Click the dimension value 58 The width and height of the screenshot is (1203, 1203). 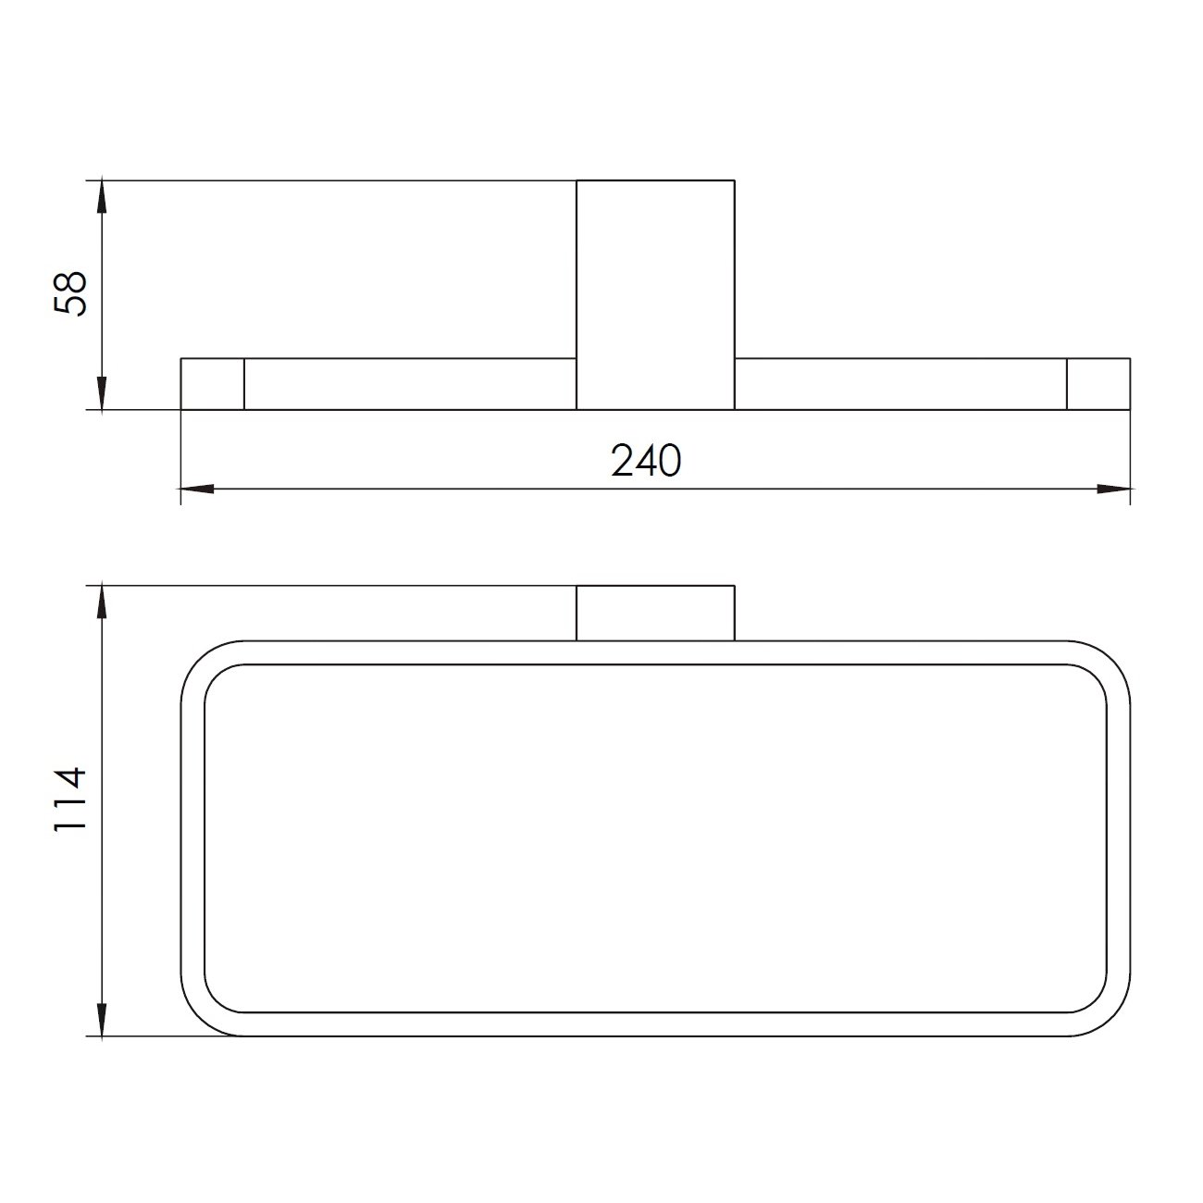[x=70, y=294]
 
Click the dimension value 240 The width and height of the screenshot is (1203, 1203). [x=646, y=461]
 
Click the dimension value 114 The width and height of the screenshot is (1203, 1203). [x=70, y=800]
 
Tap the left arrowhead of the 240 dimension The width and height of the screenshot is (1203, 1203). [x=197, y=489]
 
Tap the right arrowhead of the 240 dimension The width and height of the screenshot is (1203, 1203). [x=1114, y=489]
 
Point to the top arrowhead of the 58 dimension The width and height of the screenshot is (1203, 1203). [x=103, y=197]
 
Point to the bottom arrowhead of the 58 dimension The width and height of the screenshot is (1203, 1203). [x=103, y=393]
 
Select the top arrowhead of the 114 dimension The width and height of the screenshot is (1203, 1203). [x=103, y=601]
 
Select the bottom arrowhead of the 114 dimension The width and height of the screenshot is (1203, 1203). [x=103, y=1020]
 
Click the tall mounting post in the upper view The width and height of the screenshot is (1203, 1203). [x=655, y=295]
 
